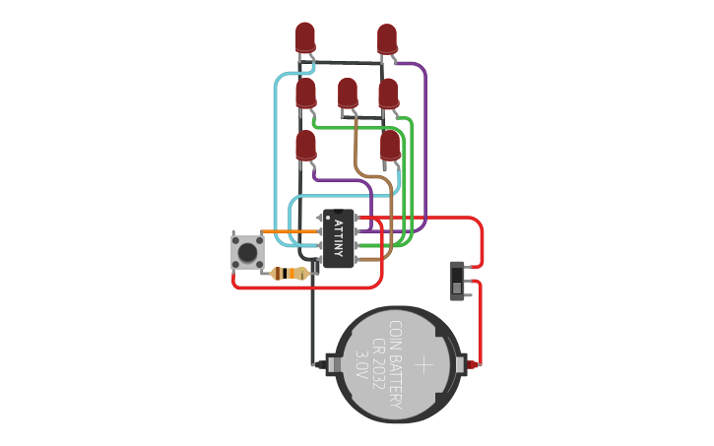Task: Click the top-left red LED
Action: pos(305,37)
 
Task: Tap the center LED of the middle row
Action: pos(348,93)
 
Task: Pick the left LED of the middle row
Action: pos(306,93)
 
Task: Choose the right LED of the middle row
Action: pos(388,93)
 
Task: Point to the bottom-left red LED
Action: pos(306,146)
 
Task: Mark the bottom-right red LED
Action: pos(390,146)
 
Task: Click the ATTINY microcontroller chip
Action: pos(338,238)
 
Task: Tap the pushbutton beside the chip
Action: pos(247,251)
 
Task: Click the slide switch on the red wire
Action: pos(457,280)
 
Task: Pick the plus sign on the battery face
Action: pos(423,365)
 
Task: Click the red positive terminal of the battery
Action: pos(474,365)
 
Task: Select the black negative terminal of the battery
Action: pos(319,365)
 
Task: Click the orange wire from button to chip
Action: pos(291,231)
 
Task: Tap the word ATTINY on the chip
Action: pos(339,238)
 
